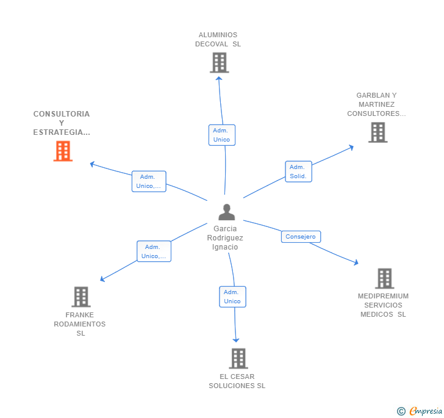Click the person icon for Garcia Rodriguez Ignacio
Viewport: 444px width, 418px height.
tap(226, 212)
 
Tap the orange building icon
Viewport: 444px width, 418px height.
tap(63, 151)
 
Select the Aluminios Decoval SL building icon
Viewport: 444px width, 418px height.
tap(219, 62)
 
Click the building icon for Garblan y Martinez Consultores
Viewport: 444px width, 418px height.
tap(378, 132)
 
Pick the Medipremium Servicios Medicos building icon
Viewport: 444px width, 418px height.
tap(384, 278)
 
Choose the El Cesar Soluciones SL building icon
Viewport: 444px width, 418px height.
tap(238, 358)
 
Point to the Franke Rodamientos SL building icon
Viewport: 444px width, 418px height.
tap(81, 297)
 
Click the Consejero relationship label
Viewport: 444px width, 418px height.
tap(301, 237)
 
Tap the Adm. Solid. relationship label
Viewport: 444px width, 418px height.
tap(298, 171)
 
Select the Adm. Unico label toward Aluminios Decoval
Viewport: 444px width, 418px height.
tap(221, 135)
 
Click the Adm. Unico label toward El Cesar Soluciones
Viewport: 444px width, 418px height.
tap(232, 297)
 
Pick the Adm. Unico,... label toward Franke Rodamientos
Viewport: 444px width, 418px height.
tap(154, 251)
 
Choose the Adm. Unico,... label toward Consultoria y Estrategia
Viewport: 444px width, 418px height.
tap(149, 181)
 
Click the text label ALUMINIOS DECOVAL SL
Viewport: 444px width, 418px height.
tap(218, 39)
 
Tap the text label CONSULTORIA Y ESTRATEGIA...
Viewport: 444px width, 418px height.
tap(62, 123)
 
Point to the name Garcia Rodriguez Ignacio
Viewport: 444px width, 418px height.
tap(225, 238)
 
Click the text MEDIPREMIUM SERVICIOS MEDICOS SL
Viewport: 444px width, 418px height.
tap(383, 305)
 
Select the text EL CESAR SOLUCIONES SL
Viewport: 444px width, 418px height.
tap(237, 381)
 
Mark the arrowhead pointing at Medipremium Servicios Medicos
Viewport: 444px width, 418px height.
tap(356, 263)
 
